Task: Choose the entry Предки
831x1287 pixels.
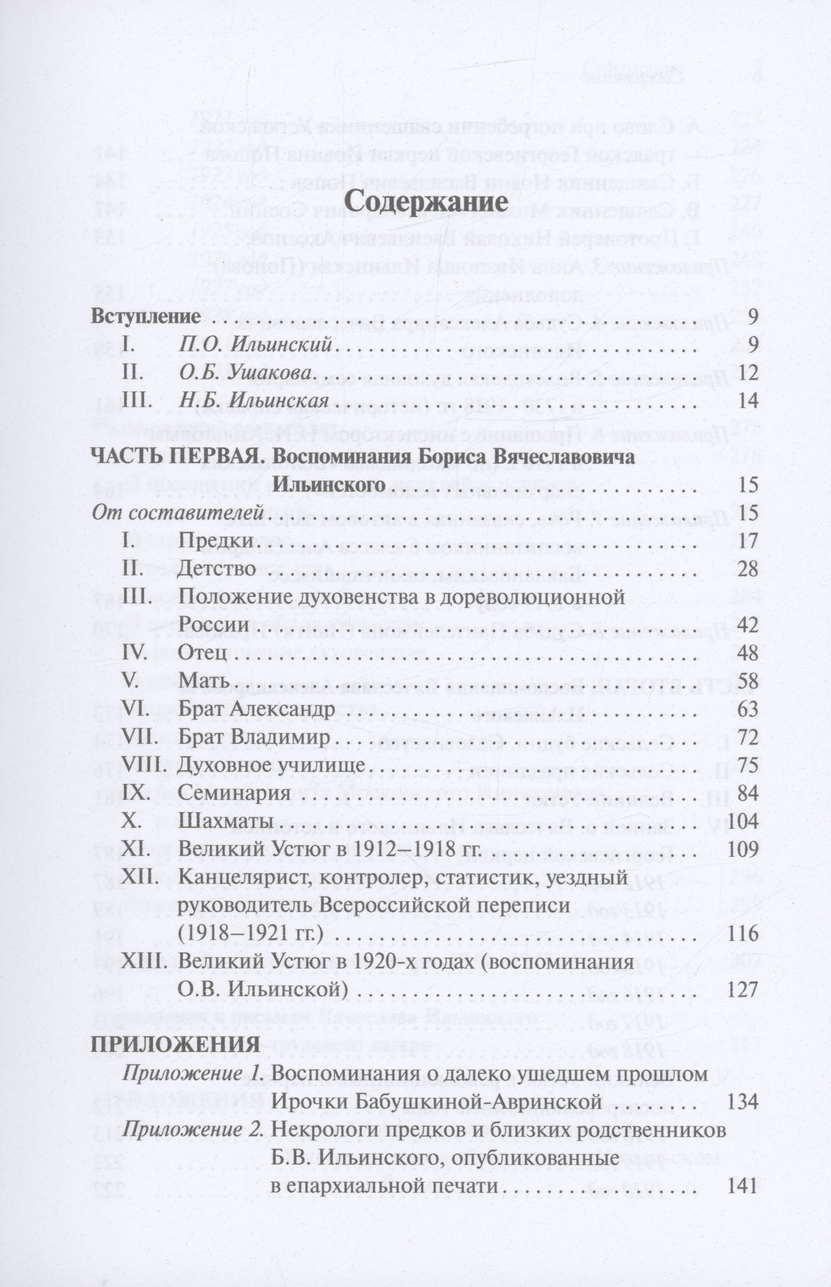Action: [x=216, y=540]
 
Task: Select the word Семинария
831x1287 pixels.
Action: [x=234, y=794]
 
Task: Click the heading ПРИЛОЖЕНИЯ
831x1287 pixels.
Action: [x=175, y=1045]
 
